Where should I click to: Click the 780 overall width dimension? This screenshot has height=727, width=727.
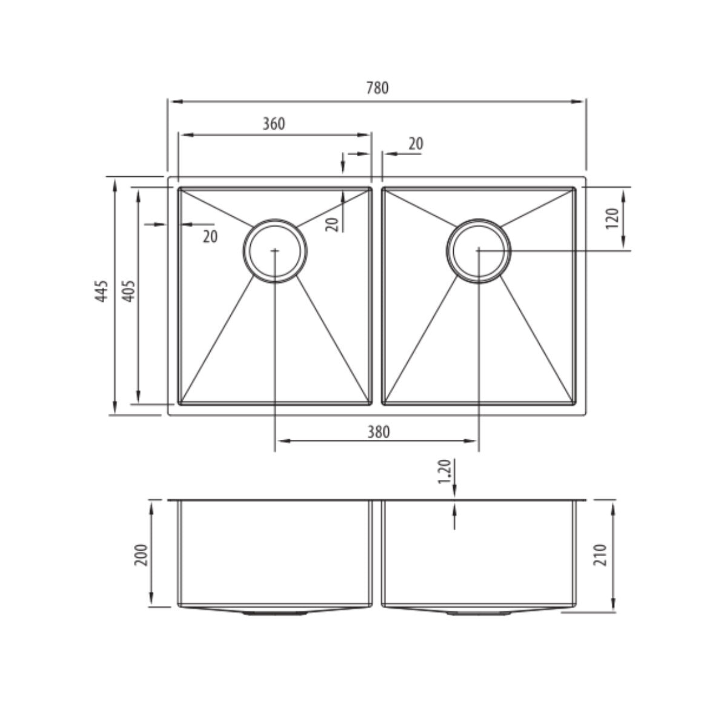pyautogui.click(x=377, y=88)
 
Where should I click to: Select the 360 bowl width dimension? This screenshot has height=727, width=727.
pyautogui.click(x=273, y=124)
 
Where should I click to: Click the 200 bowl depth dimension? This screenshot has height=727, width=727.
pyautogui.click(x=141, y=554)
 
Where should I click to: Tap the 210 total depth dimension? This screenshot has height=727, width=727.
pyautogui.click(x=601, y=554)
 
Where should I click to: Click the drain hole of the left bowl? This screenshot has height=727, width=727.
pyautogui.click(x=275, y=250)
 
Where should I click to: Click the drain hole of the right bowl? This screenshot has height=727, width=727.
pyautogui.click(x=479, y=250)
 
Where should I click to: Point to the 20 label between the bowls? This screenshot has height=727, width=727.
pyautogui.click(x=416, y=144)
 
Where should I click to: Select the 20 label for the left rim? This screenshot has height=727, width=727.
pyautogui.click(x=210, y=237)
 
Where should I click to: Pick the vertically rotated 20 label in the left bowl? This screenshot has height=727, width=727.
pyautogui.click(x=331, y=224)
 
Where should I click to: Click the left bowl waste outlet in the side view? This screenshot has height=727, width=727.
pyautogui.click(x=275, y=613)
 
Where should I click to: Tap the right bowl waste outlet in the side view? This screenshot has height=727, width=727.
pyautogui.click(x=479, y=613)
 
